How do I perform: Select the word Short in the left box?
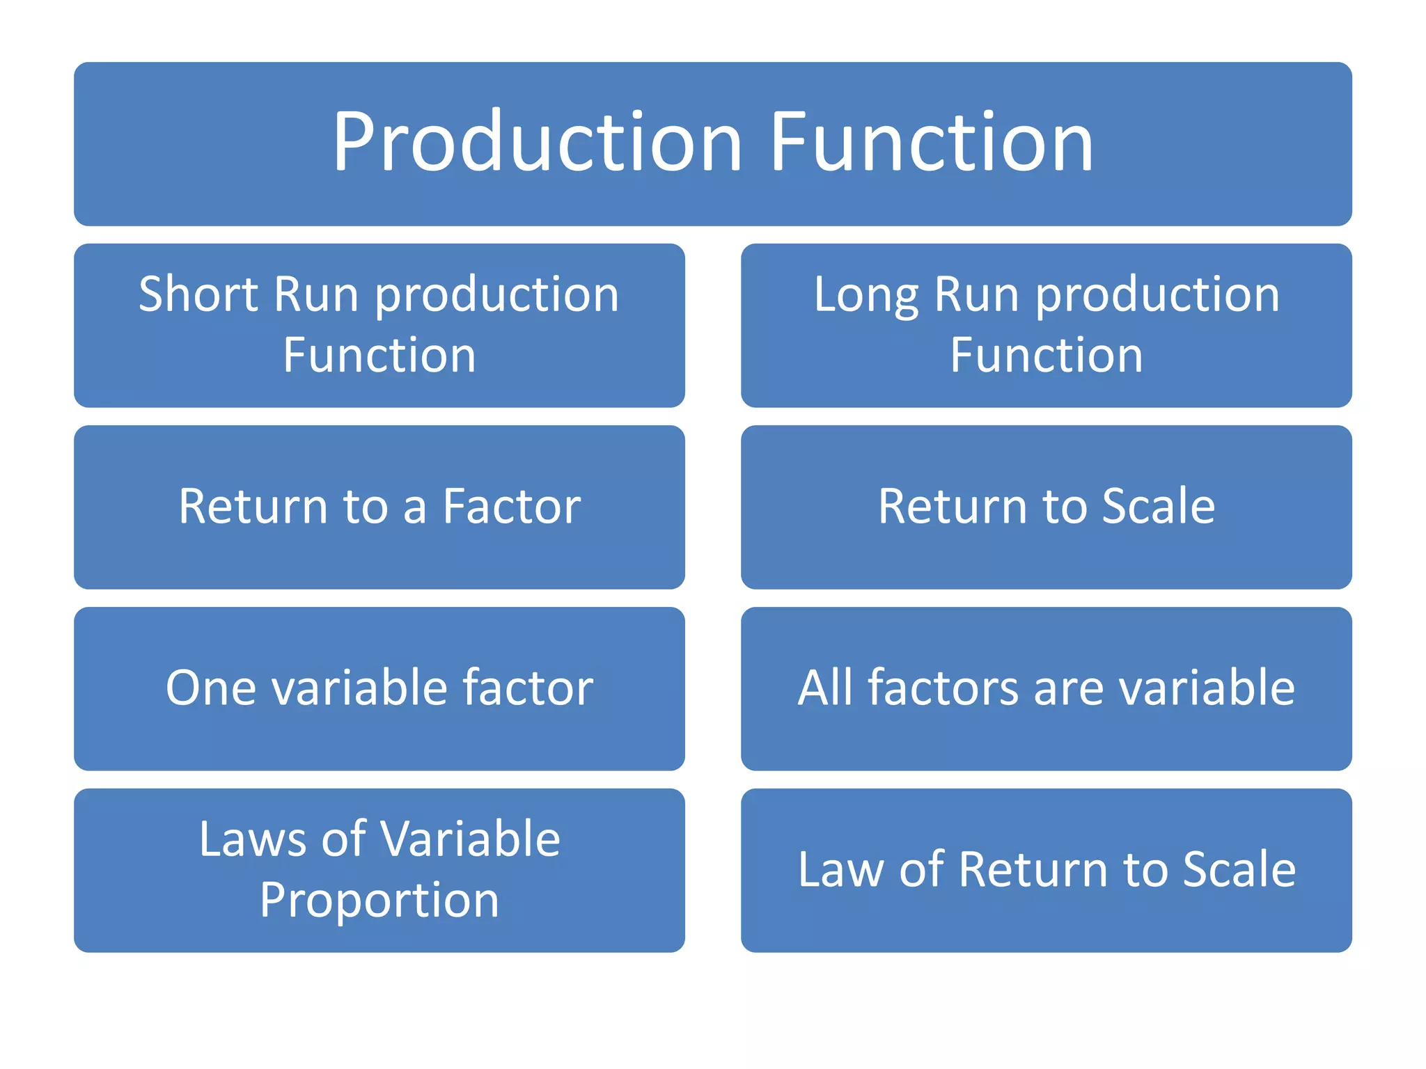[198, 294]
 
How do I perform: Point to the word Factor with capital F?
[512, 506]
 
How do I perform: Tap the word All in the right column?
[824, 688]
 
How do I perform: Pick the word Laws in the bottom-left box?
[251, 839]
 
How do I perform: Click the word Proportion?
[379, 901]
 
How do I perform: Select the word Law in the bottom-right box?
[840, 870]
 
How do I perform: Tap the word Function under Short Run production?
[379, 356]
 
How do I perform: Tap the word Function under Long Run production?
[1046, 356]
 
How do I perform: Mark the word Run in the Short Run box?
[316, 294]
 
